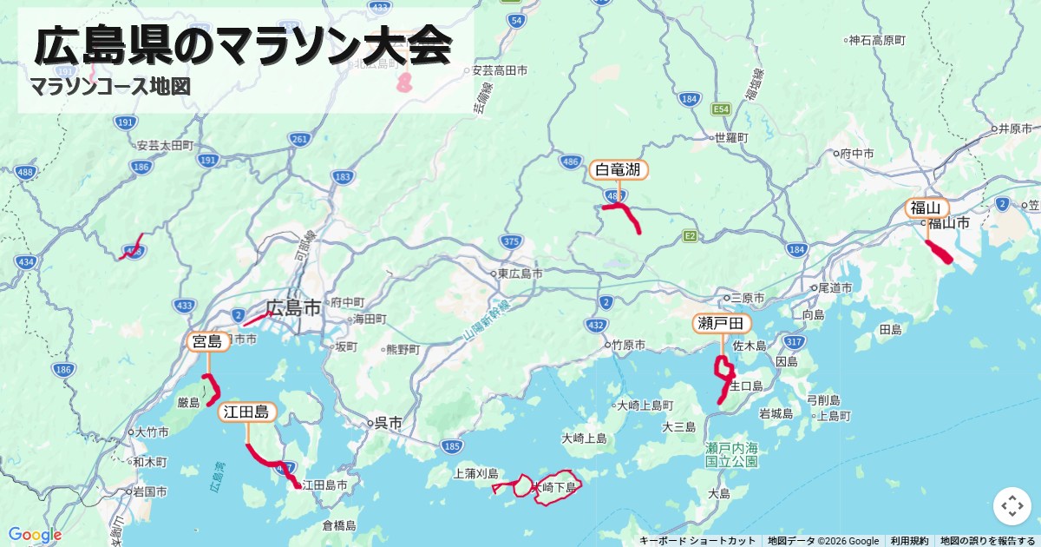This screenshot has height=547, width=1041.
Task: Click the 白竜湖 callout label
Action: click(619, 169)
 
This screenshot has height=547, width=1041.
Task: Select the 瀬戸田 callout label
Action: click(721, 324)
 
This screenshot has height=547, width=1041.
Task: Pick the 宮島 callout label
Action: click(208, 341)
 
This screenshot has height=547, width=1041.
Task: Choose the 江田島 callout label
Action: click(247, 412)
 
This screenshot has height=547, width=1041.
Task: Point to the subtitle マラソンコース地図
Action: click(110, 87)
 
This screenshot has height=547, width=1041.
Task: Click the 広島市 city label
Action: click(292, 307)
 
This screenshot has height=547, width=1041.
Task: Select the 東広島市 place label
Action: click(520, 273)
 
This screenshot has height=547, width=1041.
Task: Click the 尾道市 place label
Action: click(837, 287)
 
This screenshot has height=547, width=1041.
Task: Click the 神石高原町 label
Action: click(877, 40)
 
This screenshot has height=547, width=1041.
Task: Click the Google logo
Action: click(35, 534)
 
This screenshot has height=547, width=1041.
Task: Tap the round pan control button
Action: click(1012, 506)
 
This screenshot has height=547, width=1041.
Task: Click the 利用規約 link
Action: click(909, 541)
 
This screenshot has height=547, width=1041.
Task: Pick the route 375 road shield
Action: click(511, 241)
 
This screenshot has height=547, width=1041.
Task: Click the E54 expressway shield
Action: click(721, 109)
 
